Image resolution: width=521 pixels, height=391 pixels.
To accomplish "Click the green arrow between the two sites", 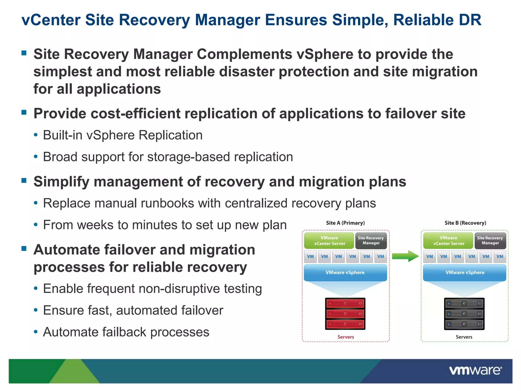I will click(x=405, y=256).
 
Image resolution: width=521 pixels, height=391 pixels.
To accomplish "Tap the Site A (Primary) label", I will click(x=345, y=223).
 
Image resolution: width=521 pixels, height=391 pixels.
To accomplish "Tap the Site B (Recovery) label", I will click(x=465, y=223).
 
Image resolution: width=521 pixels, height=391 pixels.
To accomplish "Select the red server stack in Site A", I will click(x=345, y=314).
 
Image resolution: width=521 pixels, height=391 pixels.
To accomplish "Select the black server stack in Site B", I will click(x=464, y=314).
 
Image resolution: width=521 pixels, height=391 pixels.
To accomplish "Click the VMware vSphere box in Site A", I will click(x=345, y=272).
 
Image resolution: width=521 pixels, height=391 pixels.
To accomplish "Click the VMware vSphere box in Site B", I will click(x=465, y=272).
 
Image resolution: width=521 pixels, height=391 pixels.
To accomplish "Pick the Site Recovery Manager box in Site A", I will click(x=371, y=241).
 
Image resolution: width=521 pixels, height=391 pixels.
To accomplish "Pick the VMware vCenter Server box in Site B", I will click(x=448, y=241).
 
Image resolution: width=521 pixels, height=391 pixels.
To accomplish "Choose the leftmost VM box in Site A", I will click(x=310, y=257).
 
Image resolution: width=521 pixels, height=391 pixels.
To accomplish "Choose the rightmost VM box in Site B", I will click(x=500, y=257).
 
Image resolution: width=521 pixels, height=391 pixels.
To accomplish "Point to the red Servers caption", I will click(x=345, y=337).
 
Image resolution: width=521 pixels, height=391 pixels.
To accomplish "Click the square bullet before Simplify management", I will click(x=24, y=180).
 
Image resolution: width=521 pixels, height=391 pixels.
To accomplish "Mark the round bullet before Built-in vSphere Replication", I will click(x=36, y=135).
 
